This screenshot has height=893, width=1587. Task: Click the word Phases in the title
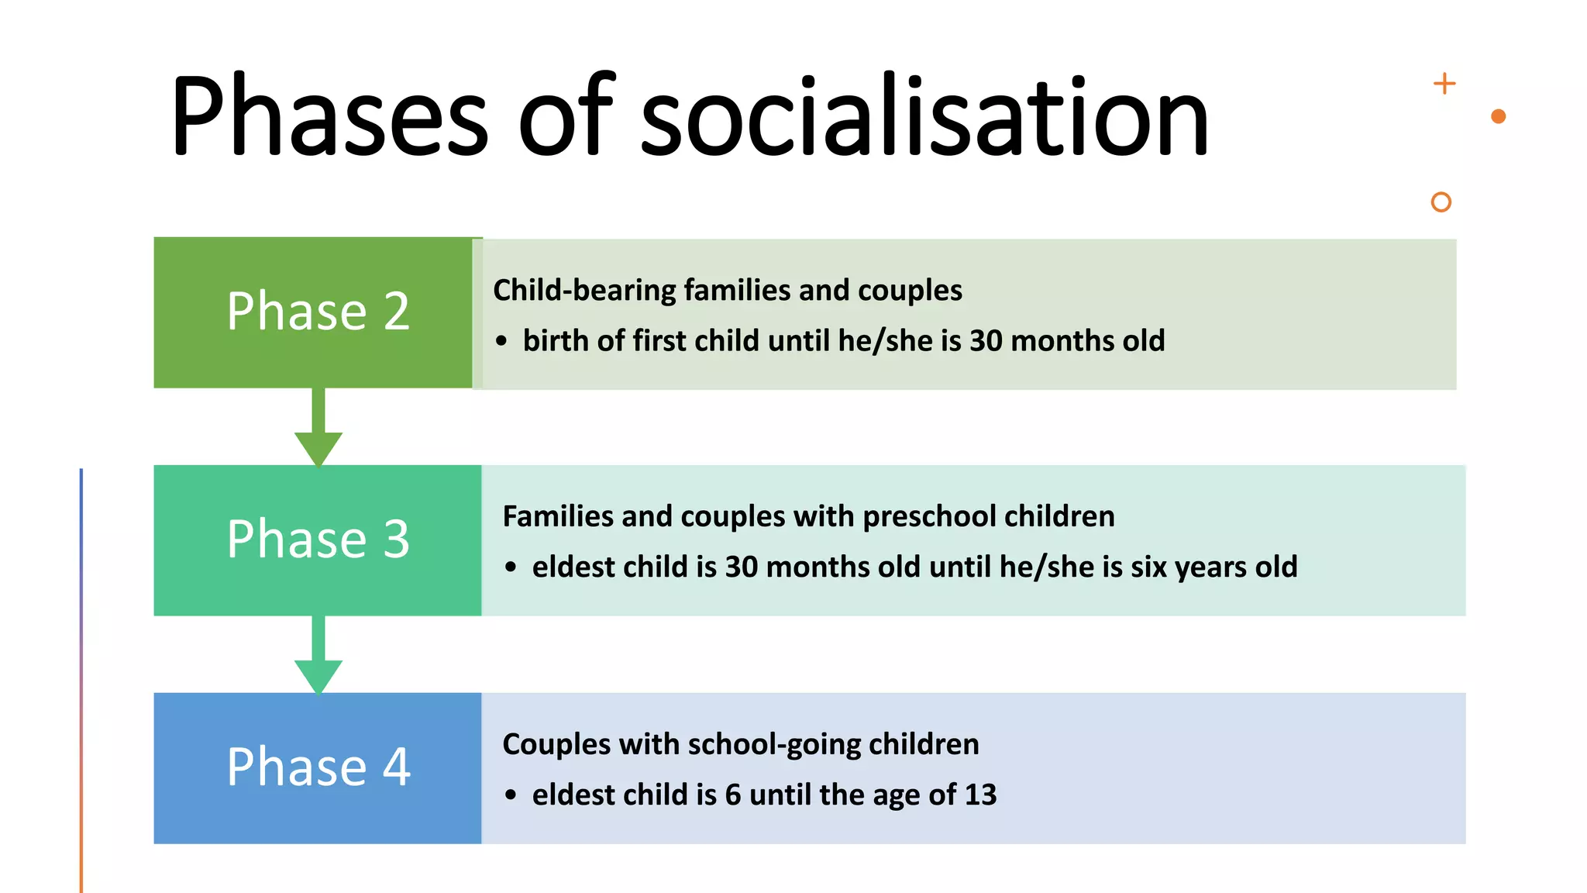[329, 116]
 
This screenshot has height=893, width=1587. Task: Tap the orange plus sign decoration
[1444, 84]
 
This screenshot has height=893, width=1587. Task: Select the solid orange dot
[1498, 116]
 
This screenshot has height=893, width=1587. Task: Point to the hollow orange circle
[1441, 202]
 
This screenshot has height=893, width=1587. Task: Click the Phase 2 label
[318, 312]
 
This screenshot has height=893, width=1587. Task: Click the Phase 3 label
[318, 540]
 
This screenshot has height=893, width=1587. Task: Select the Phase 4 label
[318, 767]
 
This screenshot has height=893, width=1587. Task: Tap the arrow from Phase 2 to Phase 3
[318, 430]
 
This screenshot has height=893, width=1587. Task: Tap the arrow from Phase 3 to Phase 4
[318, 657]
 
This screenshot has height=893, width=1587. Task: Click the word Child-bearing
[584, 291]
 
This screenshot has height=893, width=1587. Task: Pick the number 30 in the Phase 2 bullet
[986, 341]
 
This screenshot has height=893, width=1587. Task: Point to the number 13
[980, 795]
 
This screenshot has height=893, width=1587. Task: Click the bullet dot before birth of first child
[501, 341]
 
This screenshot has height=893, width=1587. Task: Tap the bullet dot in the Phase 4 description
[510, 795]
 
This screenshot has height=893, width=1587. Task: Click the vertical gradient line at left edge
[81, 682]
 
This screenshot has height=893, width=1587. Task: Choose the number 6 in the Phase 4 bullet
[732, 795]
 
